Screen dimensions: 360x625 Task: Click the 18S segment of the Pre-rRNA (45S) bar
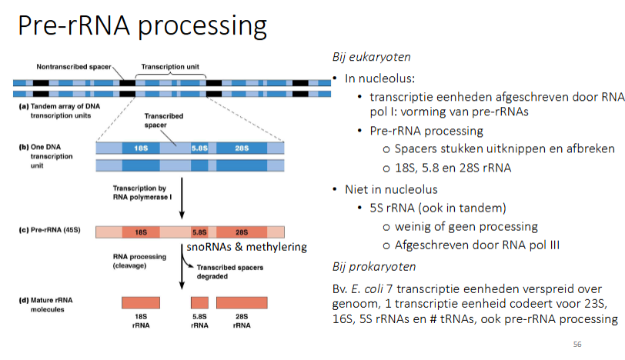point(140,231)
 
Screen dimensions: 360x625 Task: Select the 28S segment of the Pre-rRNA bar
point(241,231)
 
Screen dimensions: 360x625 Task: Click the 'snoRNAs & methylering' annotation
point(247,247)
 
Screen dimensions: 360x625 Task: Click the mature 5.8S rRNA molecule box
point(199,302)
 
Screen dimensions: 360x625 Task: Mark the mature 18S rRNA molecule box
point(140,302)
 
